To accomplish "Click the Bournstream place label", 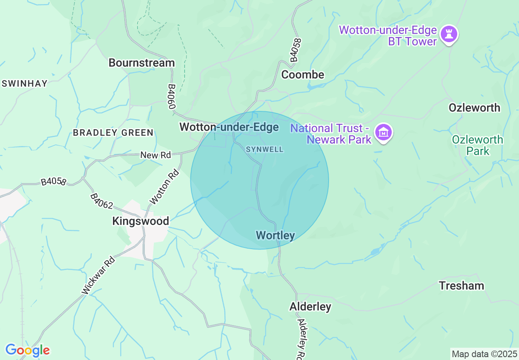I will click(x=142, y=63).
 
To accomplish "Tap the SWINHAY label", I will click(x=25, y=83).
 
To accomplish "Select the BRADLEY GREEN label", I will click(x=113, y=133).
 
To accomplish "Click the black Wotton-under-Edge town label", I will click(x=229, y=127).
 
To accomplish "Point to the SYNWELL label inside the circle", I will click(x=264, y=149).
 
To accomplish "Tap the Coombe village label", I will click(x=302, y=74).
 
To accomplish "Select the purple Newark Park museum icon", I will click(x=384, y=133).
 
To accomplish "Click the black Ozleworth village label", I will click(x=474, y=108).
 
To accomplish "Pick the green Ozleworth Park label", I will click(x=477, y=145).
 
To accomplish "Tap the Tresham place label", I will click(x=461, y=285).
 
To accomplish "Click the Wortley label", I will click(x=275, y=235).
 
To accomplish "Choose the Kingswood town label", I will click(x=140, y=221).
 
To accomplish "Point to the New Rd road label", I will click(x=155, y=155).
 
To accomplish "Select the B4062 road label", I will click(x=101, y=201).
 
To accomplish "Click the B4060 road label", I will click(x=172, y=97).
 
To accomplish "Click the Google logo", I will click(x=27, y=350).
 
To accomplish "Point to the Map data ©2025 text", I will click(x=484, y=354).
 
